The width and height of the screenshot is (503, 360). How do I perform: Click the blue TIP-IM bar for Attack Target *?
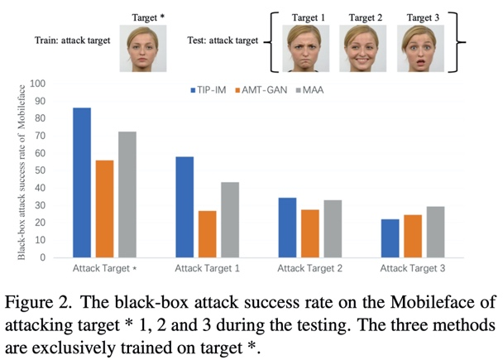click(x=82, y=182)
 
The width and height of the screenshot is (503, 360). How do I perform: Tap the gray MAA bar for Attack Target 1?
click(x=230, y=219)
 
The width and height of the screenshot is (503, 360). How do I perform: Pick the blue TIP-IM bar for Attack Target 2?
click(x=287, y=227)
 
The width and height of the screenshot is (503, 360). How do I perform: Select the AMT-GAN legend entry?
click(x=263, y=89)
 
